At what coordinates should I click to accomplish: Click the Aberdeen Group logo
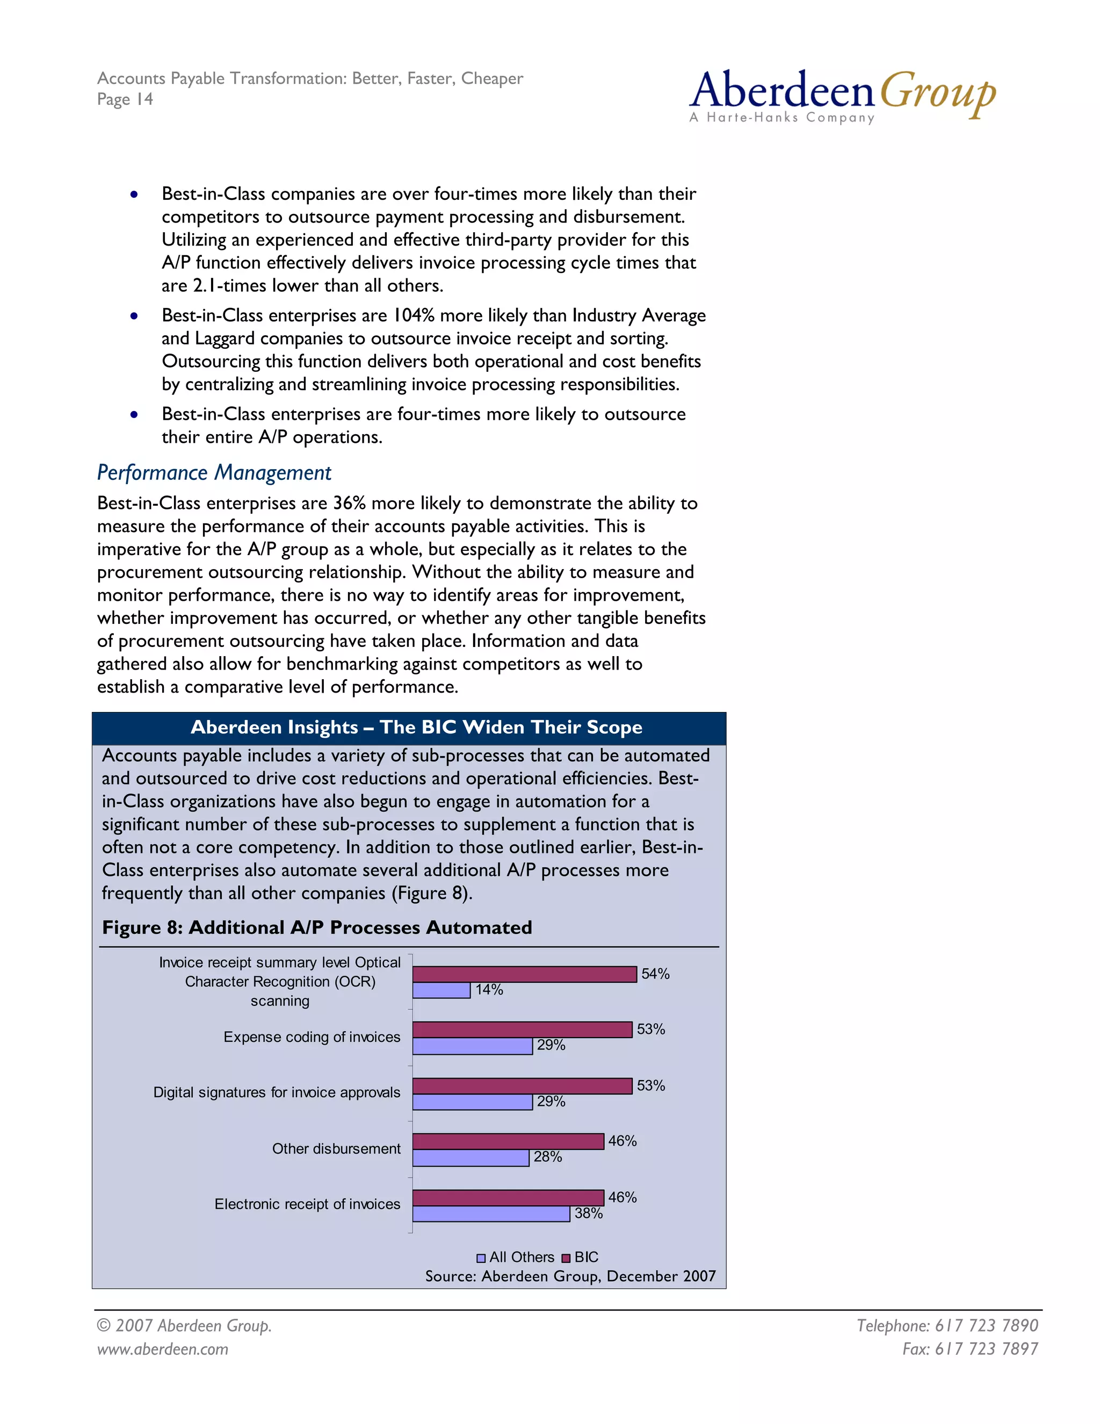842,96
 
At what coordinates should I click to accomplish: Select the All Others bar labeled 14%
441,990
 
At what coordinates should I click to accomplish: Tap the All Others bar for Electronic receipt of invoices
491,1214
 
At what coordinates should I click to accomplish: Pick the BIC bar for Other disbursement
508,1141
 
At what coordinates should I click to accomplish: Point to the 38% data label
589,1213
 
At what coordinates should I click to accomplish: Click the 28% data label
547,1157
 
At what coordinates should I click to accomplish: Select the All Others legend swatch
481,1258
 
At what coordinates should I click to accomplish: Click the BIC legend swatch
566,1258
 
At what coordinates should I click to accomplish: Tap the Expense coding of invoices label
312,1037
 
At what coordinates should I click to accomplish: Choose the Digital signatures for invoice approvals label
276,1093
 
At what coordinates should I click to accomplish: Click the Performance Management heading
214,473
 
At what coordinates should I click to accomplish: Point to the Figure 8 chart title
317,928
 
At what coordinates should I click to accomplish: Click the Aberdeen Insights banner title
416,728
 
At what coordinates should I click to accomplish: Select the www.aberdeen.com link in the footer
162,1349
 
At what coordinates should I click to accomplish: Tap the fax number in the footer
969,1349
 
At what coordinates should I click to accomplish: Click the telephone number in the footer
947,1326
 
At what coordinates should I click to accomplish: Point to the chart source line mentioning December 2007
570,1277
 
